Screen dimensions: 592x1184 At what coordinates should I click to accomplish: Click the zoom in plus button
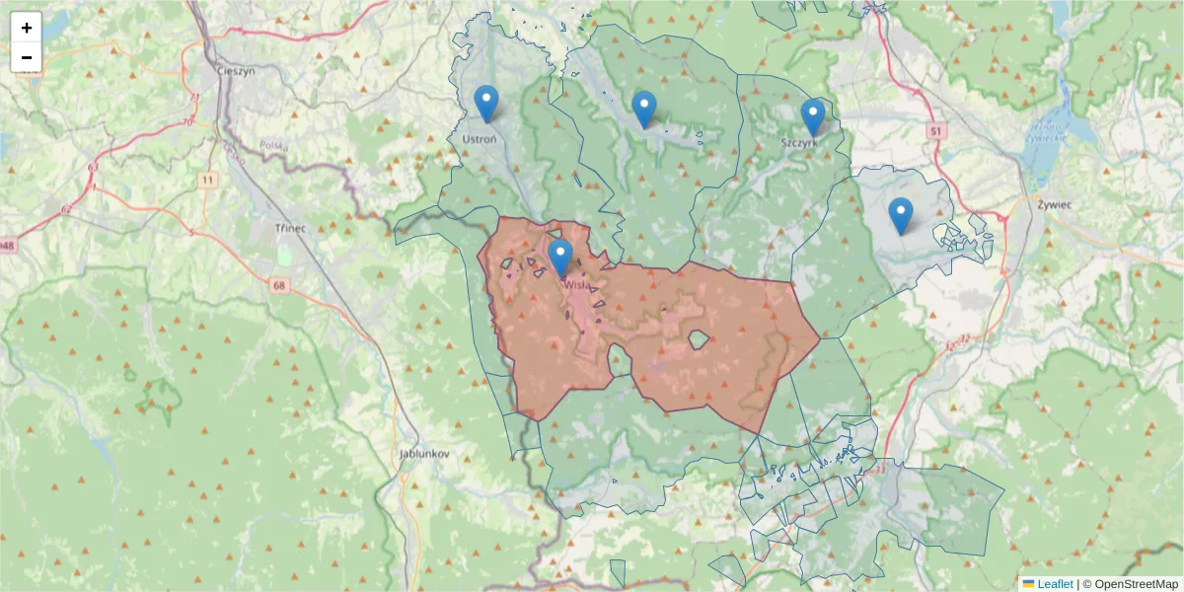[27, 28]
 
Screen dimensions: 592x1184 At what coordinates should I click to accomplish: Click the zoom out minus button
[27, 57]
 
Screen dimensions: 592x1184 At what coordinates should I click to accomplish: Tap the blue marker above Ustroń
[485, 103]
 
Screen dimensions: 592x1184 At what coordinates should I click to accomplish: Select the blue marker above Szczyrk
[812, 116]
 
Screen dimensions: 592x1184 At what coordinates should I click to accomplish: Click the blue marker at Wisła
[559, 257]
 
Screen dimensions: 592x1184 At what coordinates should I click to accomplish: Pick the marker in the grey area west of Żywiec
[900, 215]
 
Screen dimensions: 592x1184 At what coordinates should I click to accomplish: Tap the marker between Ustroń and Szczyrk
[643, 109]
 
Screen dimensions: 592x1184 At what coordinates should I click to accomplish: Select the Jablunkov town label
[425, 453]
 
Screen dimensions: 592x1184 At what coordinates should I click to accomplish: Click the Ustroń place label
[480, 139]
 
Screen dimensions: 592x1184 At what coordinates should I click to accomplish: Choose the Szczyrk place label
[799, 142]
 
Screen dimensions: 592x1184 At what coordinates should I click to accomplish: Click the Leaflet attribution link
[1055, 584]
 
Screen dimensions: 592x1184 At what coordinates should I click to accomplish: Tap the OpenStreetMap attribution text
[1136, 584]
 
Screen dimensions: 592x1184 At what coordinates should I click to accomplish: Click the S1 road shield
[935, 130]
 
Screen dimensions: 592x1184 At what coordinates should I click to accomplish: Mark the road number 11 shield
[206, 180]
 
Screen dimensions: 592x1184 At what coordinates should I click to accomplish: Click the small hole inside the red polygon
[698, 340]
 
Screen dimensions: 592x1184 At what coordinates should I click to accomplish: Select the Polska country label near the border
[273, 145]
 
